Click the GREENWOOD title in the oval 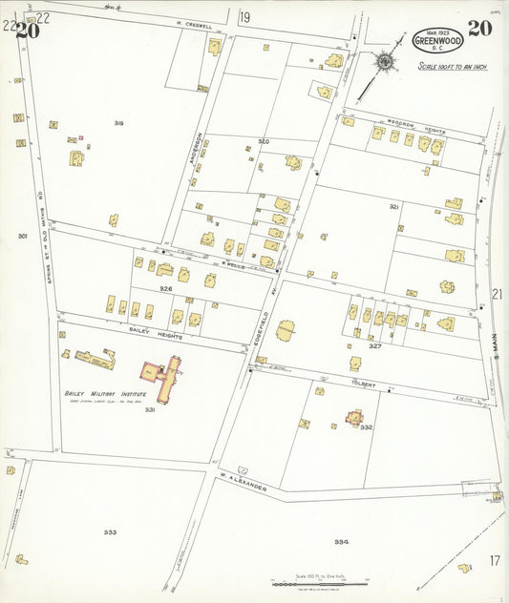[x=438, y=41]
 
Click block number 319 [x=118, y=124]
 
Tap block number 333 [x=110, y=531]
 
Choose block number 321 [x=393, y=206]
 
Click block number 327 [x=375, y=346]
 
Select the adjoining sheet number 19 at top [x=244, y=16]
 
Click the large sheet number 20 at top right [x=479, y=27]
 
